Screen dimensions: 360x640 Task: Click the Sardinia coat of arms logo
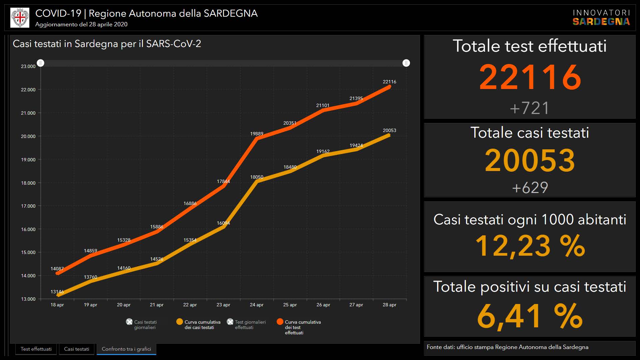pos(20,18)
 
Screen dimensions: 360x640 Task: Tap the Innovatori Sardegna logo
pos(601,18)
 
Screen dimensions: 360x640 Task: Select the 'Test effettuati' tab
pos(36,349)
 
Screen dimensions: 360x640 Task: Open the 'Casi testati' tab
pos(77,349)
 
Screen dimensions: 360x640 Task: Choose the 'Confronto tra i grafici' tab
pos(126,349)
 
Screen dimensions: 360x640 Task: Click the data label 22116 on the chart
pos(389,82)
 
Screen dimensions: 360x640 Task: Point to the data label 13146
pos(57,292)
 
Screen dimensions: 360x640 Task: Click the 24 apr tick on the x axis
pos(257,305)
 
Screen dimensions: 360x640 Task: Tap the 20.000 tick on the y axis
pos(28,136)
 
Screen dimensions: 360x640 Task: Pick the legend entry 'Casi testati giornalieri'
pos(142,324)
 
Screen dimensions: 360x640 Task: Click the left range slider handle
pos(41,63)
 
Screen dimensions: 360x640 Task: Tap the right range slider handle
pos(406,63)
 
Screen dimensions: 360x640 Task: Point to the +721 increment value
pos(529,108)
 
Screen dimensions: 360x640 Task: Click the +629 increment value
pos(530,188)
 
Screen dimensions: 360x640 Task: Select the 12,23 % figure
pos(530,246)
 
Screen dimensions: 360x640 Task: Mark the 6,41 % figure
pos(530,316)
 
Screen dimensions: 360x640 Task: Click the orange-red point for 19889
pos(257,138)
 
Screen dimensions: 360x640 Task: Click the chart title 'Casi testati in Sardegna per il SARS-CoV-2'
pos(107,44)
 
